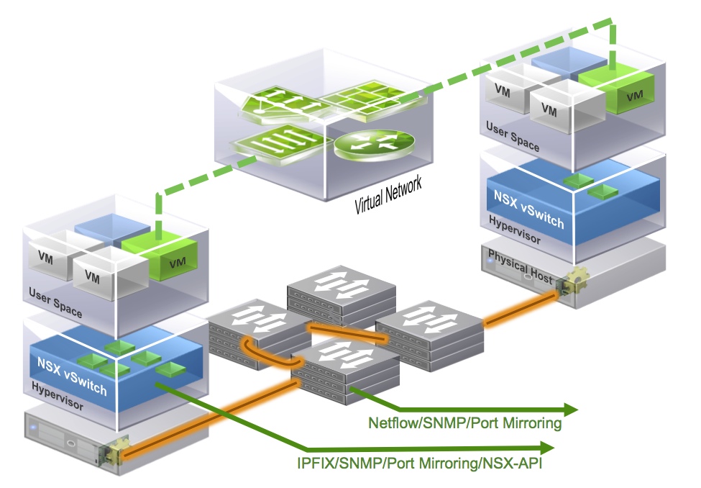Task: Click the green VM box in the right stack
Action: [620, 86]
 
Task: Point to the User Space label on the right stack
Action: [513, 136]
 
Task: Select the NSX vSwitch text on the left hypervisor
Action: [71, 374]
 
